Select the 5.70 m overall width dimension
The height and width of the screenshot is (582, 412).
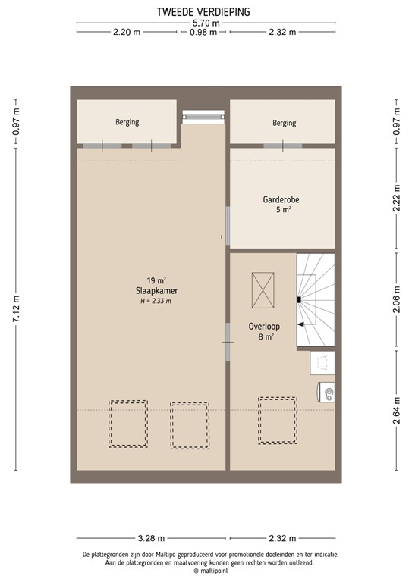tap(205, 23)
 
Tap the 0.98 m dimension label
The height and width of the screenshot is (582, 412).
tap(204, 33)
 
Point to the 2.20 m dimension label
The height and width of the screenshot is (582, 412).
tap(127, 33)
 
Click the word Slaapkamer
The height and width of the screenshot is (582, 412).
tap(152, 290)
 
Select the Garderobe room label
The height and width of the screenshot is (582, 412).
tap(281, 200)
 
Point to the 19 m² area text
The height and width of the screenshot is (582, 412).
tap(152, 280)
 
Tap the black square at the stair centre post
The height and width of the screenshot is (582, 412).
tap(299, 300)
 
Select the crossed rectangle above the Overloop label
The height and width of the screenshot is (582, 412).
tap(263, 289)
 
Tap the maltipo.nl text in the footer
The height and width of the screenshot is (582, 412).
tap(207, 571)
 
